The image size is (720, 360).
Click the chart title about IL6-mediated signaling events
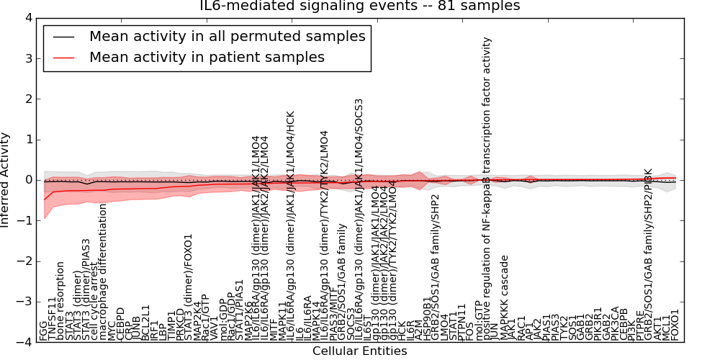[x=359, y=6]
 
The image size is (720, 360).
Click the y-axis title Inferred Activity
[x=6, y=180]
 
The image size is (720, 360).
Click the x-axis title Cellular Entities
[x=359, y=351]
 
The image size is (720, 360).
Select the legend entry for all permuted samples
[x=227, y=36]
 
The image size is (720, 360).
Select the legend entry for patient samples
[x=207, y=57]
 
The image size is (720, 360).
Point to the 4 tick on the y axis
[x=30, y=17]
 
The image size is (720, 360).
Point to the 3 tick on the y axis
[x=30, y=58]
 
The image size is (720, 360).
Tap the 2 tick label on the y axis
[x=30, y=99]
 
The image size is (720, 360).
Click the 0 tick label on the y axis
[x=30, y=180]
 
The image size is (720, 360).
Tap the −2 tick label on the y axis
[x=27, y=261]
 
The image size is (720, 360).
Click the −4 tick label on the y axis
[x=27, y=343]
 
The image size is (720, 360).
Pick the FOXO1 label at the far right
[x=675, y=325]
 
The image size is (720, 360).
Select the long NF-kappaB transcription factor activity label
[x=487, y=189]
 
